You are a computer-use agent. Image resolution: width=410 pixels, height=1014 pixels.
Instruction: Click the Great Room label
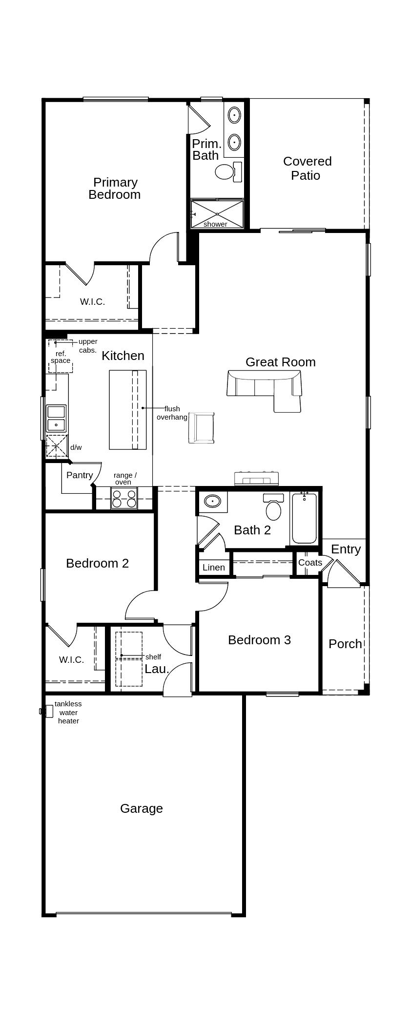280,362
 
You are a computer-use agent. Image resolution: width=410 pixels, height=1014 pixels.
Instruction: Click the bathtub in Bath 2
304,518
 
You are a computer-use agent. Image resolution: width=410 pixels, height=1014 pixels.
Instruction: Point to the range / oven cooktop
124,498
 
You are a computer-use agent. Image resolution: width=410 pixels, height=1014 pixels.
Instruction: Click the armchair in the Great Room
202,428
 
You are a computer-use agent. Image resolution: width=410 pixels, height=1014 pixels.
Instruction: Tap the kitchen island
127,409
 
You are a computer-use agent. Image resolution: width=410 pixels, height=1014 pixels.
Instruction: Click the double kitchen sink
56,418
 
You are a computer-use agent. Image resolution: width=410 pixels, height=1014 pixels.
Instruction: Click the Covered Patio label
307,168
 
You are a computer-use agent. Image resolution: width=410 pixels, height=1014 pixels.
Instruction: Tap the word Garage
141,808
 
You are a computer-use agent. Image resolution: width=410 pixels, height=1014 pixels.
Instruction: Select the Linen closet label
213,567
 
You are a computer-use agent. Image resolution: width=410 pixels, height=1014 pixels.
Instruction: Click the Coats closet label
310,562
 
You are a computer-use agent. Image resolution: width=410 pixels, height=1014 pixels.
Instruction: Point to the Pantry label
80,475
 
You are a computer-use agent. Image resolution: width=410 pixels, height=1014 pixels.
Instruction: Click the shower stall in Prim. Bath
217,214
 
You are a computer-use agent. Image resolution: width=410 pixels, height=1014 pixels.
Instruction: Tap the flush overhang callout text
172,413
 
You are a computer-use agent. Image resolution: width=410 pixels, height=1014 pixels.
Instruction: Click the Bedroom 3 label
259,640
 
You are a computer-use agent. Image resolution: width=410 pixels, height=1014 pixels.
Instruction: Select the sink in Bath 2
213,501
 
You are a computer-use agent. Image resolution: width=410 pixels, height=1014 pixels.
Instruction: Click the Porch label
345,644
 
